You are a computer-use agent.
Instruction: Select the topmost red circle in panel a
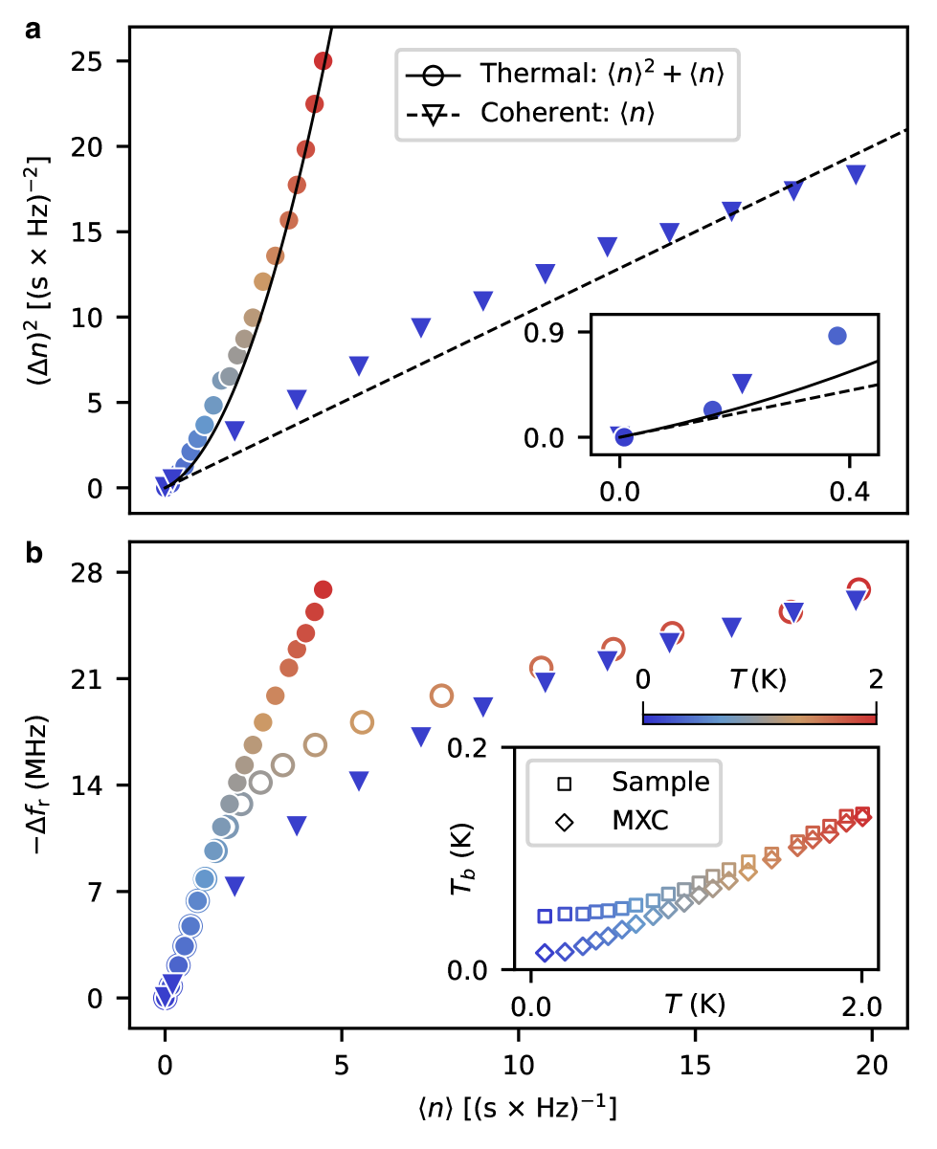pos(323,61)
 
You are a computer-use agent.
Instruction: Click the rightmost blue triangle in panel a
pos(856,174)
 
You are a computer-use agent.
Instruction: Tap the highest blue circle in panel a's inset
pos(837,336)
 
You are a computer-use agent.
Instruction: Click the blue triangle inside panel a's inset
pos(743,384)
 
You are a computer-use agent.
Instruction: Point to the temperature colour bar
pos(759,717)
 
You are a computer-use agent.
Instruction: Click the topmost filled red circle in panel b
pos(323,589)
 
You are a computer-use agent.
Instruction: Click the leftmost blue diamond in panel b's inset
pos(545,953)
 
